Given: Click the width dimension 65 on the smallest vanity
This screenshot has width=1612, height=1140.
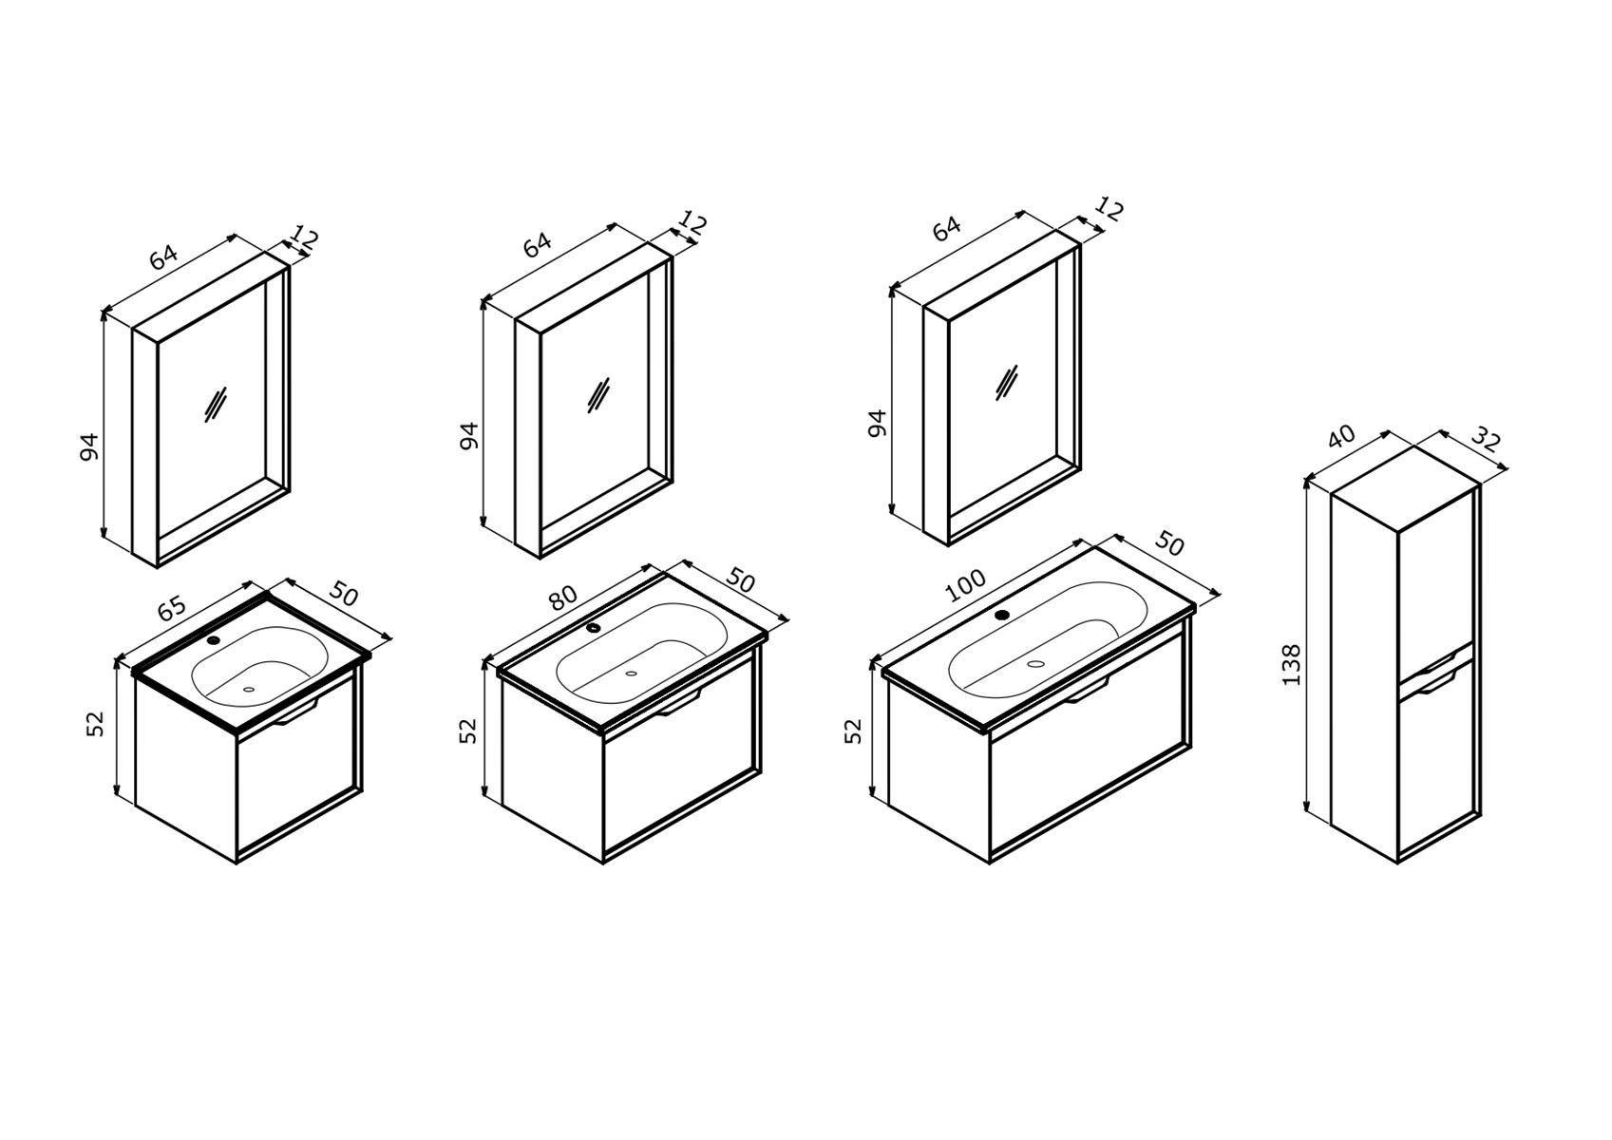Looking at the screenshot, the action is tap(172, 609).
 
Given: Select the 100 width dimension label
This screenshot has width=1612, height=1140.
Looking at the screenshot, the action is tap(965, 585).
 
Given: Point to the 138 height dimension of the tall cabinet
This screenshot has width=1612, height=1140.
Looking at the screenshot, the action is tap(1292, 664).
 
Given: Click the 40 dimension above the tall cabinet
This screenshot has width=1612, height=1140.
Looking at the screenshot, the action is tap(1340, 436).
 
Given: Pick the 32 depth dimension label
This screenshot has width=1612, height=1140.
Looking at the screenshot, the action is tap(1485, 439).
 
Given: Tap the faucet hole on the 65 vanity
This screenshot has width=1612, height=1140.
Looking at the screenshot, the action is tap(214, 639).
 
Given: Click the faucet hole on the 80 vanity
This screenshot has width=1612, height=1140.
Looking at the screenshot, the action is tap(593, 628).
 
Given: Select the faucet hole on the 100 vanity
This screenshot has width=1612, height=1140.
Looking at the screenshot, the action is tap(1002, 615).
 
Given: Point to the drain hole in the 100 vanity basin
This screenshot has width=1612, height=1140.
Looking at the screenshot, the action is tap(1035, 663).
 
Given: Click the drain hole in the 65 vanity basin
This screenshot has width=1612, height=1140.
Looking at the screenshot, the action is tap(249, 689).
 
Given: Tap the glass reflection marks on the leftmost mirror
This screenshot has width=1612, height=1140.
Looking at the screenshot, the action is tap(216, 405).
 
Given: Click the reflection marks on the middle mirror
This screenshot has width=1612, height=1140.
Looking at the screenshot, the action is tap(598, 395).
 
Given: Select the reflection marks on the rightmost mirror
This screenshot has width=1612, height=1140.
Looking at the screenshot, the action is tap(1007, 382).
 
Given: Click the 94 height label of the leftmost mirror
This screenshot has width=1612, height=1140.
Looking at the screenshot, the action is tap(88, 446).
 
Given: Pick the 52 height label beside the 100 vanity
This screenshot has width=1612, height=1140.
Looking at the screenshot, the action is tap(853, 731).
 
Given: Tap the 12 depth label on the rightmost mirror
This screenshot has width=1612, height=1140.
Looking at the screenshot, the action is tap(1109, 209).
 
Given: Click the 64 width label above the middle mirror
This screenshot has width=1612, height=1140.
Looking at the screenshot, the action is tap(538, 245).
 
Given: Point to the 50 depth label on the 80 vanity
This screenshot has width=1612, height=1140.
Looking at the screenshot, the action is tap(741, 580).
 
